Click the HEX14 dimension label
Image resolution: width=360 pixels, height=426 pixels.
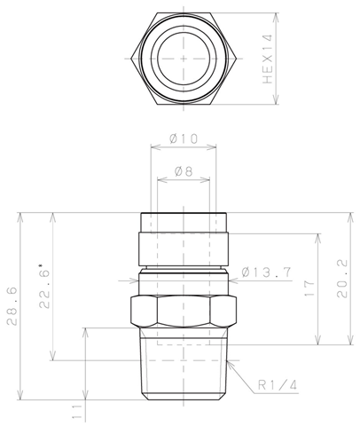coord(268,59)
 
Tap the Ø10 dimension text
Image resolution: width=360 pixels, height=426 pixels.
coord(184,138)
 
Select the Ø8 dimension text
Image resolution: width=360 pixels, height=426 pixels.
coord(184,171)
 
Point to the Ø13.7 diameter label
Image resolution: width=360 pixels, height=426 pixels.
coord(267,272)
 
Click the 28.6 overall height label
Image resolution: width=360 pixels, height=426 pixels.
coord(12,306)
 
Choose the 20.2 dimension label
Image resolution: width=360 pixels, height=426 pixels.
coord(342,279)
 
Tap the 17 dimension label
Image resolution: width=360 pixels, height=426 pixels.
coord(309,288)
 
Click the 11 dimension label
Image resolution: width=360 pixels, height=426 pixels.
coord(77,412)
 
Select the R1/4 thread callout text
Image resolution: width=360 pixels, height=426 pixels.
coord(278,385)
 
